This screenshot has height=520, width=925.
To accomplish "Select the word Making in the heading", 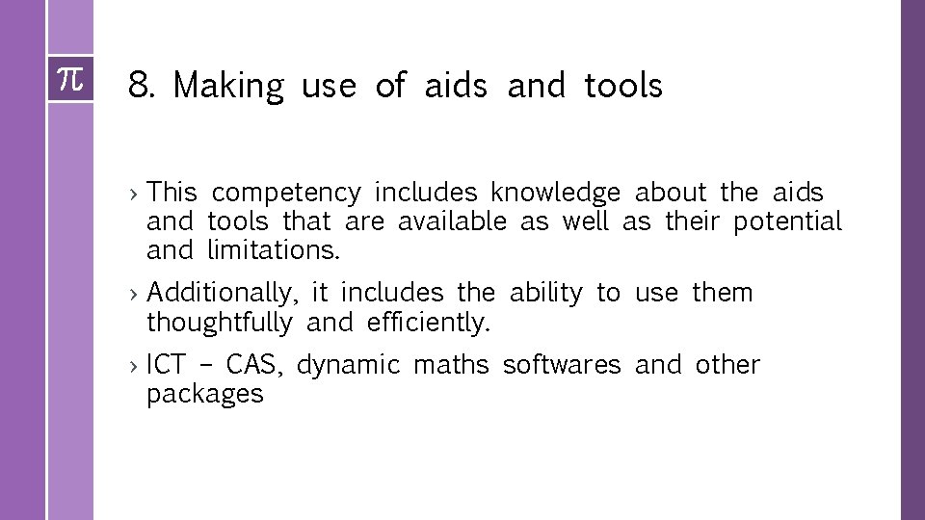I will (x=228, y=87).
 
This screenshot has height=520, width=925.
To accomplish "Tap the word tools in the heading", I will (x=623, y=86).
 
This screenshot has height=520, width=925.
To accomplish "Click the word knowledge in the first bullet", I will (x=555, y=194).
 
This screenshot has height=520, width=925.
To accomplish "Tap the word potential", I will (x=787, y=222).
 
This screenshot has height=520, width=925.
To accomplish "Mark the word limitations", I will (x=274, y=250).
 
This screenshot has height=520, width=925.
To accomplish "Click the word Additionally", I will (x=225, y=293).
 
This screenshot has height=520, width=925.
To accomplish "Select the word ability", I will (x=545, y=293).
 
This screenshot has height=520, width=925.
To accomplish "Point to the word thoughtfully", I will (x=219, y=323).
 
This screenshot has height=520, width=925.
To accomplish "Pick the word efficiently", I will (x=429, y=323).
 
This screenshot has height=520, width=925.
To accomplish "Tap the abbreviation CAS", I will (x=254, y=365).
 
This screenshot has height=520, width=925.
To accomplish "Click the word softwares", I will (x=562, y=365).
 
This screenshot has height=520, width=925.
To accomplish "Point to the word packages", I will (x=204, y=395).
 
